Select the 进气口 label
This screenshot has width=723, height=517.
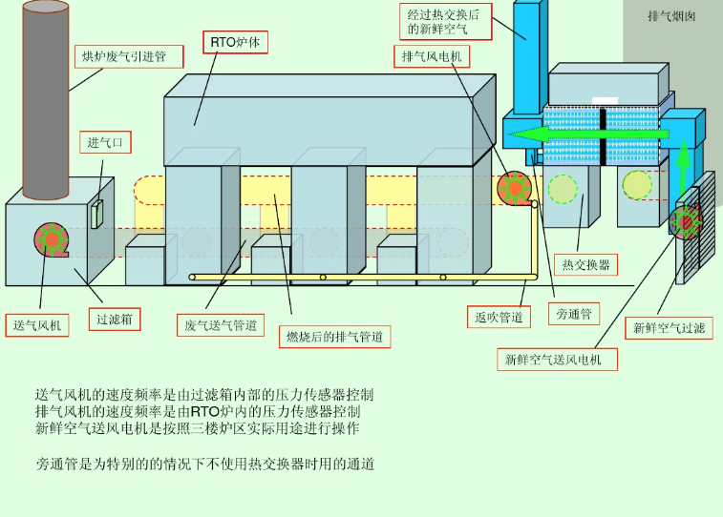pyautogui.click(x=105, y=143)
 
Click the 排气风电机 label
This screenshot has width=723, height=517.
pyautogui.click(x=432, y=56)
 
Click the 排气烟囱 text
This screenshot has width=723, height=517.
pyautogui.click(x=672, y=16)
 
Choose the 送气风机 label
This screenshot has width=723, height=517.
pyautogui.click(x=37, y=325)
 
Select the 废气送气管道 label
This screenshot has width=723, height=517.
pyautogui.click(x=221, y=325)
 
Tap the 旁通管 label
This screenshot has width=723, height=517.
pyautogui.click(x=574, y=313)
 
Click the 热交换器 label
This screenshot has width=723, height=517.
pyautogui.click(x=585, y=264)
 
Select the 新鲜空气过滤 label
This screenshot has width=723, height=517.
pyautogui.click(x=669, y=328)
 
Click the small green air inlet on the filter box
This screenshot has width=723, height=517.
pyautogui.click(x=96, y=214)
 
